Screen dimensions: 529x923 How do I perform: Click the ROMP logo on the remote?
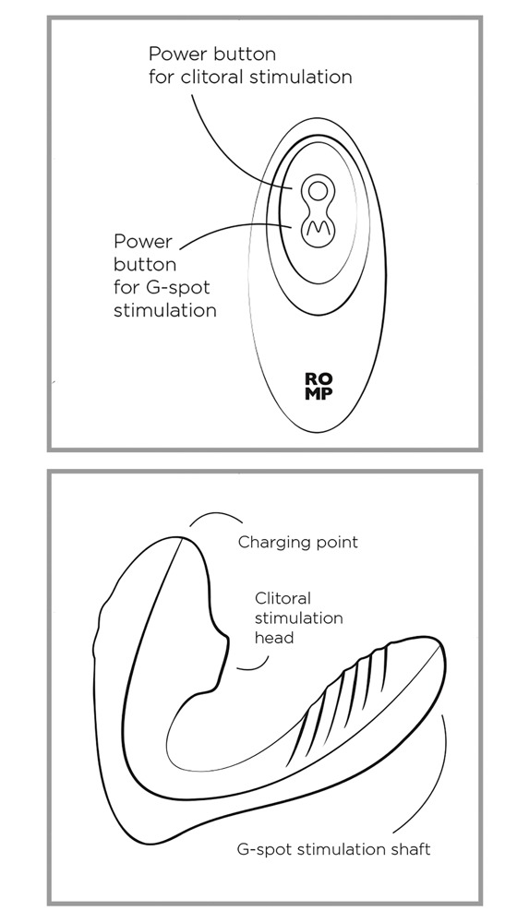pos(319,386)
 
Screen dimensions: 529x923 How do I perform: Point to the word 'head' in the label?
pos(273,637)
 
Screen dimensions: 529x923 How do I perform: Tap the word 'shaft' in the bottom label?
pos(411,849)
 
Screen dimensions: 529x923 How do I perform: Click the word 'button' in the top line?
pos(244,54)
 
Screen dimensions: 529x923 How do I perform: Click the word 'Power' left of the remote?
pos(142,241)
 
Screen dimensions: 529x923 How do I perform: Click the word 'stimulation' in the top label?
pos(299,77)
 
